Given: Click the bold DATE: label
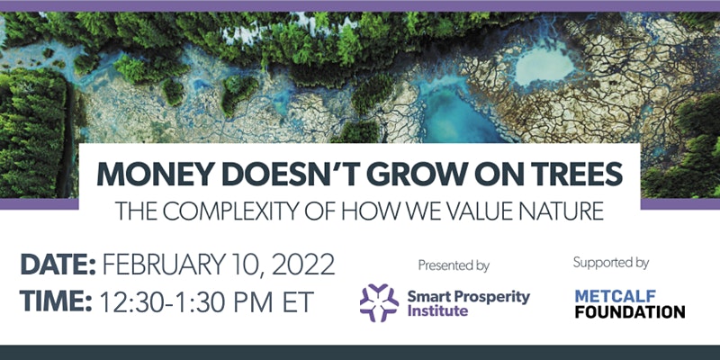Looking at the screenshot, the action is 58,265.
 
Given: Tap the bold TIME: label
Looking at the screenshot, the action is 56,301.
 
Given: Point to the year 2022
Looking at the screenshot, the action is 303,265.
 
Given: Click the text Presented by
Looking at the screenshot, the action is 454,265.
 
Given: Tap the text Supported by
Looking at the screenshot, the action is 611,263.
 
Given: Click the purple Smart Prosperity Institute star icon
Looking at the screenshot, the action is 379,302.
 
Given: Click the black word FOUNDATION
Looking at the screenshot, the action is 629,311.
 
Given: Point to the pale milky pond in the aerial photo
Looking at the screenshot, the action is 544,67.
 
